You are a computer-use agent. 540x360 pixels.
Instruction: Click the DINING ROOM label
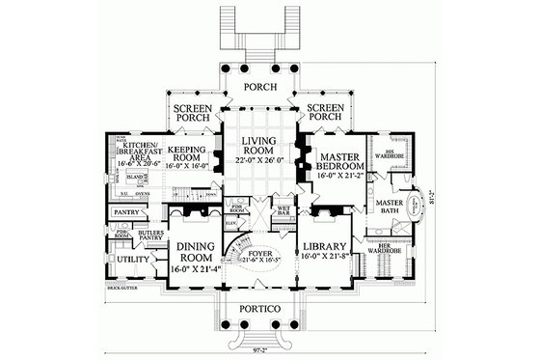[x=194, y=251]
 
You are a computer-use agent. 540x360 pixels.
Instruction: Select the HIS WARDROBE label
[x=395, y=154]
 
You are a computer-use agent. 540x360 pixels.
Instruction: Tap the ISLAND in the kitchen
[x=139, y=179]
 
